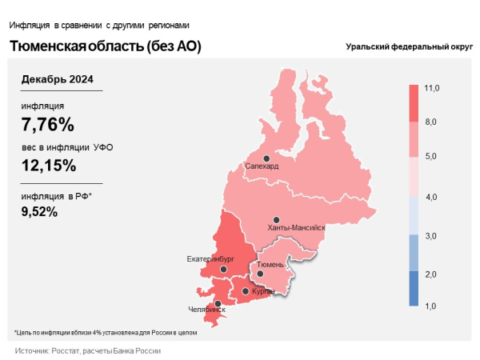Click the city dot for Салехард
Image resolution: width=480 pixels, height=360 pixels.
266,158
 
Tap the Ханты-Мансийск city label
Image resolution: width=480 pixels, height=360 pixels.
297,228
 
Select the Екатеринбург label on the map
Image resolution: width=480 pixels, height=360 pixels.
210,259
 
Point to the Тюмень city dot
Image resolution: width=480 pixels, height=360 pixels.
261,274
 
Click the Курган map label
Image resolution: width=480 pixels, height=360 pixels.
263,291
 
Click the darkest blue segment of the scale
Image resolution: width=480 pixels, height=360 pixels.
414,288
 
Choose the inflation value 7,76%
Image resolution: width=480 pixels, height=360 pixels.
48,124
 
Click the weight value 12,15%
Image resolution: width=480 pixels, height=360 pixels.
50,166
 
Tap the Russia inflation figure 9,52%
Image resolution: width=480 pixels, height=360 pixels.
39,211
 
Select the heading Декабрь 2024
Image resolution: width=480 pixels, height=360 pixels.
58,78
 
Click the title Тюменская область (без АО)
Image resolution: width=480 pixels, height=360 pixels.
105,46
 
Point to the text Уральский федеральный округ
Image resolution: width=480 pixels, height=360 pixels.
409,47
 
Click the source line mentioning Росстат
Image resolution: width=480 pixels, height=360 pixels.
88,350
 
